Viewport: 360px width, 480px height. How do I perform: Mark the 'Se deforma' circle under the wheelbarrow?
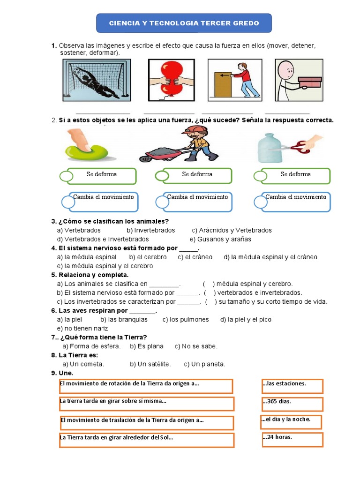162,176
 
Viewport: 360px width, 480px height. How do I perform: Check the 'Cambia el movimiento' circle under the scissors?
260,202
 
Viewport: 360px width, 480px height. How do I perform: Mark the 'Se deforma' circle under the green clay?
67,177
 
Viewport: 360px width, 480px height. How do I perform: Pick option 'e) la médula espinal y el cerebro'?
105,266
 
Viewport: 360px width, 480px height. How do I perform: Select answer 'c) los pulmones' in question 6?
186,319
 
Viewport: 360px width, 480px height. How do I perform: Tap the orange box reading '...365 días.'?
292,404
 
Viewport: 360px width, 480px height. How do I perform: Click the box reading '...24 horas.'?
292,440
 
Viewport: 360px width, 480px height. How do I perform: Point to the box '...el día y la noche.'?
291,421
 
